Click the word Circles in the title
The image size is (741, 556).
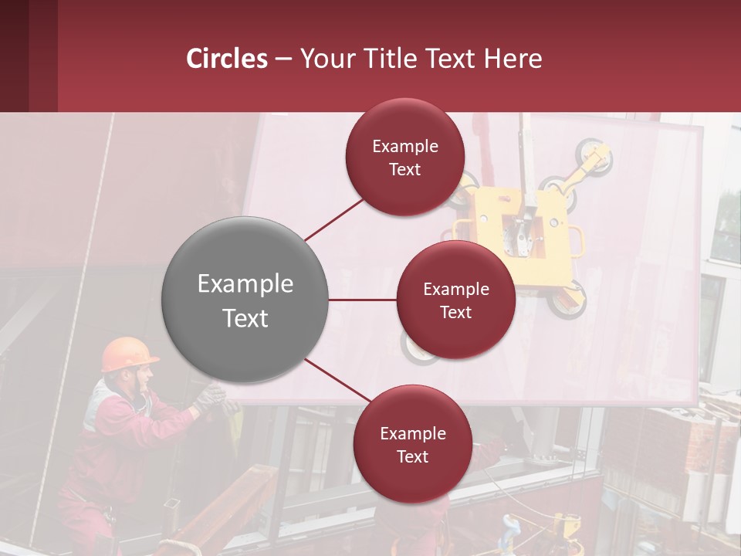pos(227,59)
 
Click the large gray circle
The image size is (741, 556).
pos(245,300)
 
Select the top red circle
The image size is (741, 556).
pos(404,158)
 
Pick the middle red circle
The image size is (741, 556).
pos(455,300)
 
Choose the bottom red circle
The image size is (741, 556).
pos(412,444)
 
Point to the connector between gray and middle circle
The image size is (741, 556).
pos(363,300)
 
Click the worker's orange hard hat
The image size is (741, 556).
pos(127,353)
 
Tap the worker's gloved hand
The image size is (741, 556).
pos(209,397)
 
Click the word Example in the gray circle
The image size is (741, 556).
pos(245,284)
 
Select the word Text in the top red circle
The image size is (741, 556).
pos(404,170)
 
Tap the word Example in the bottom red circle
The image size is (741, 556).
pos(412,433)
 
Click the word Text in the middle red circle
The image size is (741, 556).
pos(455,312)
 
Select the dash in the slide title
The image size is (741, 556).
pos(283,59)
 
